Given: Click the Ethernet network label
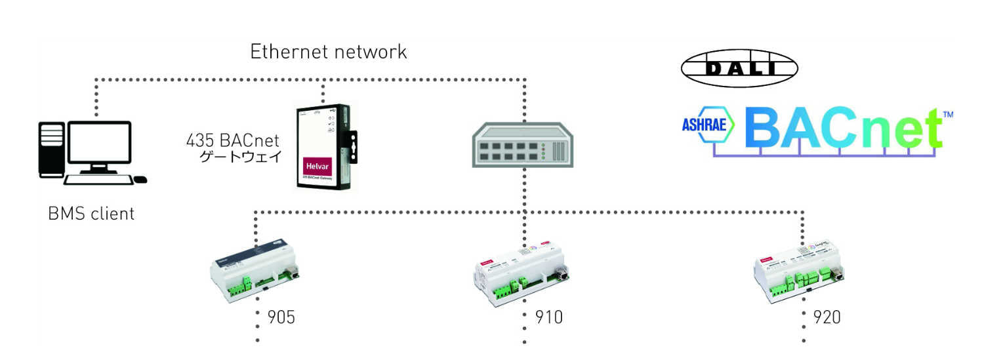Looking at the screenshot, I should (329, 52).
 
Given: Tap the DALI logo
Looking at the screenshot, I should (739, 68).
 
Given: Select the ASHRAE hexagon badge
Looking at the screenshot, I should (707, 125).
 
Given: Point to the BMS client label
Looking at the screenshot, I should (91, 214).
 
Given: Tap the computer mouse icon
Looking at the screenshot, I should (140, 179).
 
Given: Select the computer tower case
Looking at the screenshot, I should (49, 150).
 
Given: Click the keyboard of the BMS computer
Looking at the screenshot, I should (98, 180).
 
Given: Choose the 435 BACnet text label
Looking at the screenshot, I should (233, 140).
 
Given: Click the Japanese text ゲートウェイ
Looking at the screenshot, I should (241, 157).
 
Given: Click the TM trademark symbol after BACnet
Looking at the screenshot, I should (947, 115).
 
